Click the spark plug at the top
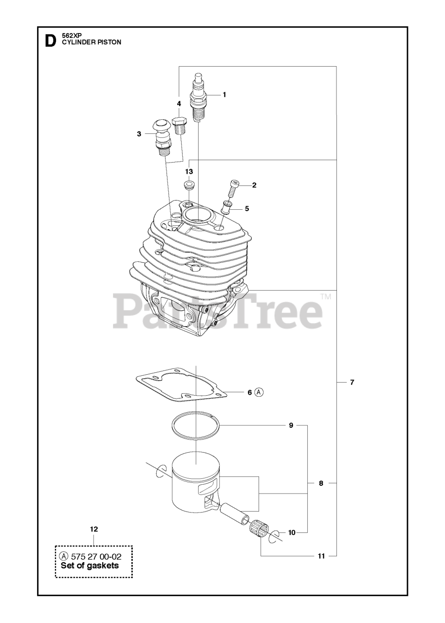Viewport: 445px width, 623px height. pos(198,97)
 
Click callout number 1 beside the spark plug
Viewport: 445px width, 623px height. pos(224,94)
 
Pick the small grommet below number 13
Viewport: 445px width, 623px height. pos(189,185)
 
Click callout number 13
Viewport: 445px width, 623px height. pos(189,172)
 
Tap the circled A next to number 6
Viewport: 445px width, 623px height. pos(259,392)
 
